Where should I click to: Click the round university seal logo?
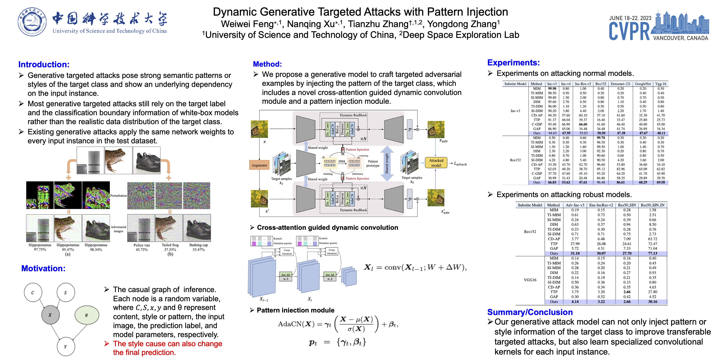(x=32, y=22)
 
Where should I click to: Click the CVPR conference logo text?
(x=629, y=31)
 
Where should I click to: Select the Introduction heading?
(x=44, y=65)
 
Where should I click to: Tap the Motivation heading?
(x=43, y=268)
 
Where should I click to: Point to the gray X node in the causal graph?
(x=50, y=315)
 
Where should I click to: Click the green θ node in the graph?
(x=87, y=315)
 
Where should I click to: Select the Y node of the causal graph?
(x=66, y=347)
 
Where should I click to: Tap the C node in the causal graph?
(x=33, y=293)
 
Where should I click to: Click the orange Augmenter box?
(x=259, y=165)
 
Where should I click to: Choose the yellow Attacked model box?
(x=436, y=163)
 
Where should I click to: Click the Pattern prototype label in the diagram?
(x=373, y=164)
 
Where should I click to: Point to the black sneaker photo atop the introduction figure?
(x=147, y=160)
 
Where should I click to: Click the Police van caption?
(x=142, y=245)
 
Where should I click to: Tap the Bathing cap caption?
(x=199, y=245)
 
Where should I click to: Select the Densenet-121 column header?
(x=620, y=84)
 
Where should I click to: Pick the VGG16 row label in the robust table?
(x=530, y=280)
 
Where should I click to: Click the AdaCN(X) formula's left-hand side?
(x=296, y=324)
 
